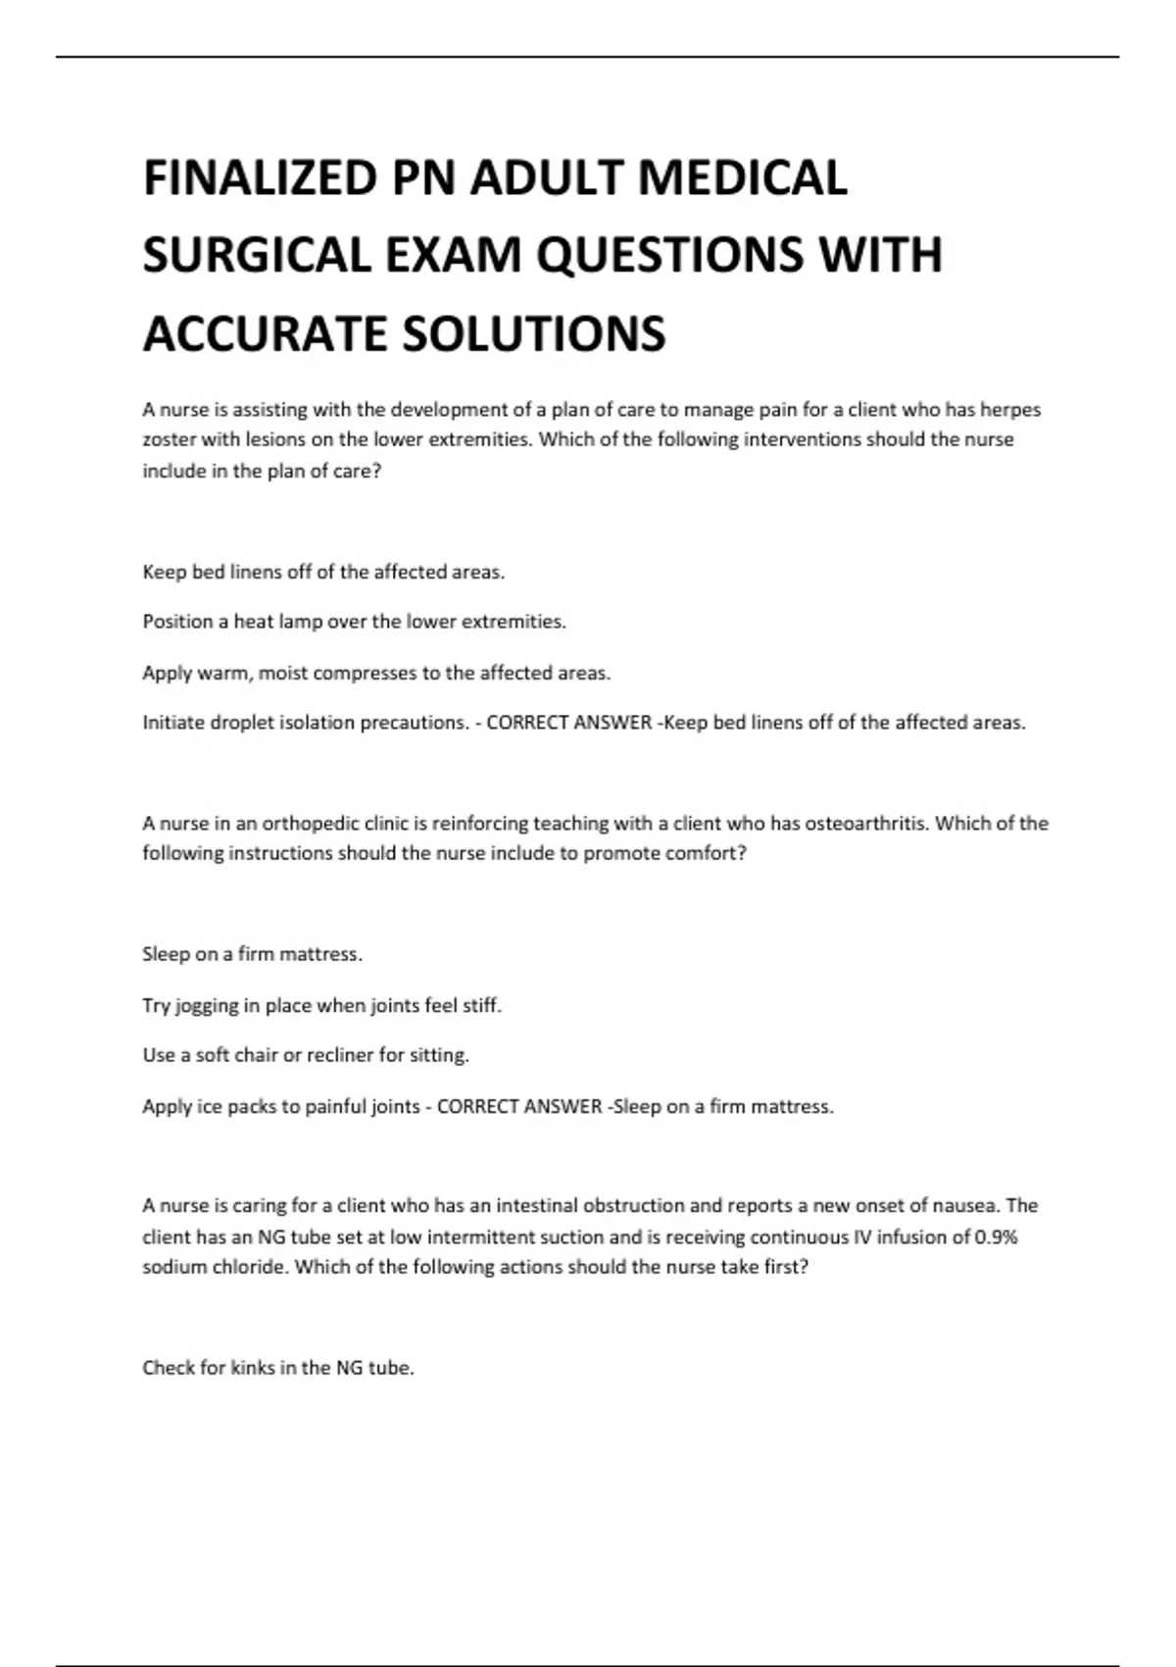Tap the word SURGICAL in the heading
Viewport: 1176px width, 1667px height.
[x=256, y=255]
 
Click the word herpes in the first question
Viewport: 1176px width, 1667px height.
[x=1010, y=410]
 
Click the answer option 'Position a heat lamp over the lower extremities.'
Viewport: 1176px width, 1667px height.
[x=354, y=622]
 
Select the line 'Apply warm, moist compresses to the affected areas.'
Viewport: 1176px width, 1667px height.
[x=376, y=673]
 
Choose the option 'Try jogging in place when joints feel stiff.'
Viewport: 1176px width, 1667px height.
[x=321, y=1005]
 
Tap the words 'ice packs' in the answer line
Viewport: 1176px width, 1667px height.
[x=248, y=1107]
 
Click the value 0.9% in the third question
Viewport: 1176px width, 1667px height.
[x=996, y=1237]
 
